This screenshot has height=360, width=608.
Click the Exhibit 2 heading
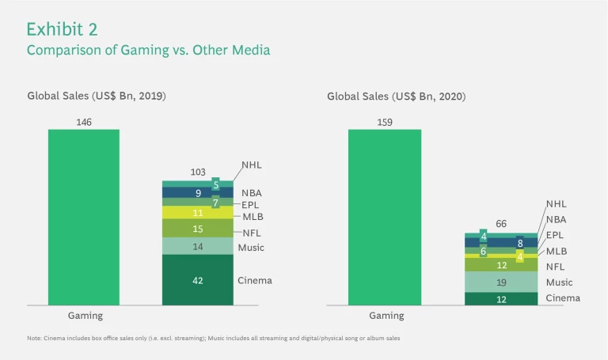pos(62,29)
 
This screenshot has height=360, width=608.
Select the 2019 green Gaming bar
pos(83,217)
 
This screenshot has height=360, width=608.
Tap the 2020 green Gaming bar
pos(384,217)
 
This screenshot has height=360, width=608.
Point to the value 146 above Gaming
pos(84,122)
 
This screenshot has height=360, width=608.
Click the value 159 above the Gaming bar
pos(384,122)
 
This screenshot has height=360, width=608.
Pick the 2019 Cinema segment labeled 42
pos(198,280)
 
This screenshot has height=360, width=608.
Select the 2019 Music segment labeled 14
pos(198,247)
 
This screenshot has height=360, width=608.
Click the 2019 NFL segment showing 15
pos(198,229)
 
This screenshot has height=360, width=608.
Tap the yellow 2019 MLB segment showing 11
pos(198,213)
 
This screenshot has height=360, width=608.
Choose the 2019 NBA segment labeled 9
pos(198,192)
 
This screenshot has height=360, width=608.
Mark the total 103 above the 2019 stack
pos(198,172)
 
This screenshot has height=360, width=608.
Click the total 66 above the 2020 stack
pos(500,224)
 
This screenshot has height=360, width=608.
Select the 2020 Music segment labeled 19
pos(500,282)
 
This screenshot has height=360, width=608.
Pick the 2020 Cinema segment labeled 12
pos(500,298)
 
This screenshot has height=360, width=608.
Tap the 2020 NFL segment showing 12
pos(500,265)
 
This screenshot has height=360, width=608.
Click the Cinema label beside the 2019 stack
pos(254,281)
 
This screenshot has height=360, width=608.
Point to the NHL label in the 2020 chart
pos(557,203)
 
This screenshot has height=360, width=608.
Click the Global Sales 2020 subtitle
pos(396,97)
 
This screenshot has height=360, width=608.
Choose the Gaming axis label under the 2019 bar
pos(84,316)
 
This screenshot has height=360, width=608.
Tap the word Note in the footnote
pos(34,339)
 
